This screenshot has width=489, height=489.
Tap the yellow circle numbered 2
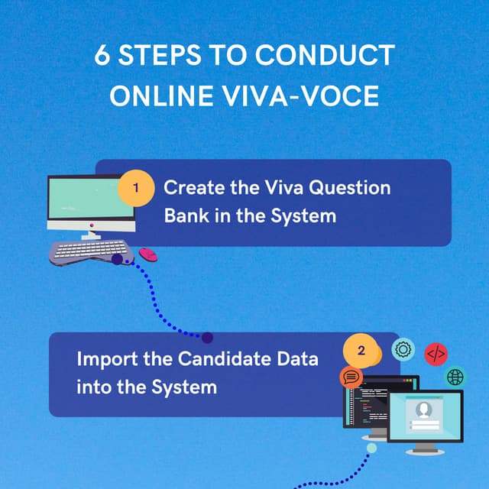pos(361,351)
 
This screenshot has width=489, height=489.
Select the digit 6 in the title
pos(102,56)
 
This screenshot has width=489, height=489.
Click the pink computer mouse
pos(147,254)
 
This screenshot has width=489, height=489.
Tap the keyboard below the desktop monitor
pos(90,251)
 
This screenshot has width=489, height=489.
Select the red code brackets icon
pos(436,354)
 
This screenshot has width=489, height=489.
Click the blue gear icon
pos(403,350)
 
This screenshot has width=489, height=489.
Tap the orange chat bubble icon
pos(351,377)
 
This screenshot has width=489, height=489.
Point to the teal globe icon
pos(456,377)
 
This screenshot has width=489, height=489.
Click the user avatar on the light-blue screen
pos(423,410)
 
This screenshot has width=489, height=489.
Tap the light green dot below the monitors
pos(371,447)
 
